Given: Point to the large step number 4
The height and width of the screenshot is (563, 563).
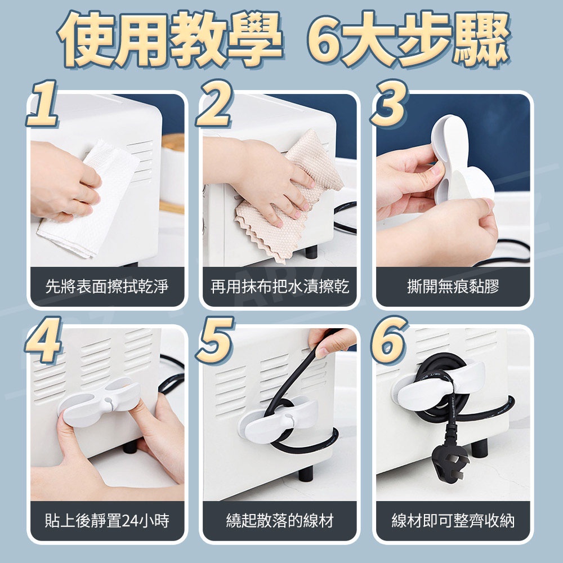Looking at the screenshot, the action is pos(43,339).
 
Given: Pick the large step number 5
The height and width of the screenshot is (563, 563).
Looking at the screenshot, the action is pos(215,339).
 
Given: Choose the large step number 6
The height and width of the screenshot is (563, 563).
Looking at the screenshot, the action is pos(390,339).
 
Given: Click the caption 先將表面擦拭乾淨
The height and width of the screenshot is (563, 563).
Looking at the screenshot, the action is pos(106,287).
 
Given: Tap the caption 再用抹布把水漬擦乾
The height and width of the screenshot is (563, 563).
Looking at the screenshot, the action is pos(280,287).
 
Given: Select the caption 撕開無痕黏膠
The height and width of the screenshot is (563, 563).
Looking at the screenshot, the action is pos(453,287).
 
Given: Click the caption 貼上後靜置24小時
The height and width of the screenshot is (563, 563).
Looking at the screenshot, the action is pos(106,521).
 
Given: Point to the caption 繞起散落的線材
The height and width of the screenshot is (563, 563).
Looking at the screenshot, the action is pos(280,521).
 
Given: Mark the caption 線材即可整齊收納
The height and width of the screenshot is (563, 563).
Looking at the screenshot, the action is pos(453,521).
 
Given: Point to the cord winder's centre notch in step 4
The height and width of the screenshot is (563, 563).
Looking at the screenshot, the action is pos(108,400).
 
